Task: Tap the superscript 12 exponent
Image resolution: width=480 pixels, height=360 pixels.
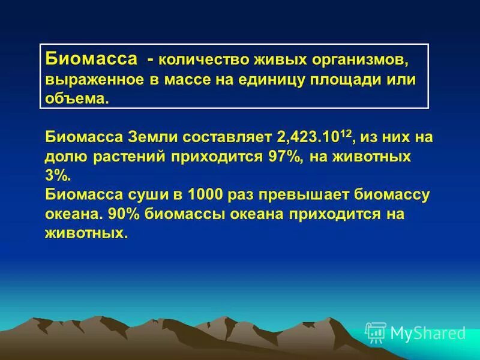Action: (346, 133)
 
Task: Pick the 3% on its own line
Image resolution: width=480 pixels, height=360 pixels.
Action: (58, 176)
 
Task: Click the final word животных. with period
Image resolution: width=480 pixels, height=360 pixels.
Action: (87, 233)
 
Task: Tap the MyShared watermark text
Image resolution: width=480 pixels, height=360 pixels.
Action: (428, 332)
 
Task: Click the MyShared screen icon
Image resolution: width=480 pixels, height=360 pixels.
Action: (376, 332)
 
